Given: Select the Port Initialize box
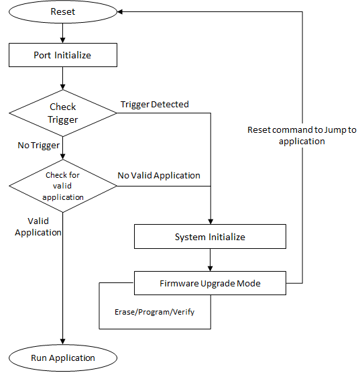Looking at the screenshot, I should click(x=63, y=55).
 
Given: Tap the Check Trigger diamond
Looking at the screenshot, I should click(x=63, y=113).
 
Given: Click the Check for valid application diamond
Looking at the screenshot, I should click(x=63, y=186).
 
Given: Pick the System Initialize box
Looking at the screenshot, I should click(x=210, y=237).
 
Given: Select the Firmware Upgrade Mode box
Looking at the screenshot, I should click(x=210, y=283).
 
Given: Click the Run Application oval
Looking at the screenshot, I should click(x=63, y=358).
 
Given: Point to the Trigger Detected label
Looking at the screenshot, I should click(x=154, y=104).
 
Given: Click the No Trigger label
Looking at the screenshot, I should click(x=39, y=145).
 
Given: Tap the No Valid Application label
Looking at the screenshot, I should click(x=159, y=175).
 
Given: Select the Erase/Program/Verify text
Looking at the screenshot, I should click(x=155, y=312).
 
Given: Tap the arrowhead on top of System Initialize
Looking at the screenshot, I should click(x=211, y=221).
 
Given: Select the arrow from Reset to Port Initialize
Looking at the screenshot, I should click(x=63, y=33).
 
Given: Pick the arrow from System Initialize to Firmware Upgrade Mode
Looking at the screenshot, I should click(x=211, y=260).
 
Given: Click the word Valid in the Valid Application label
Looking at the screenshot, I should click(x=38, y=221).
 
